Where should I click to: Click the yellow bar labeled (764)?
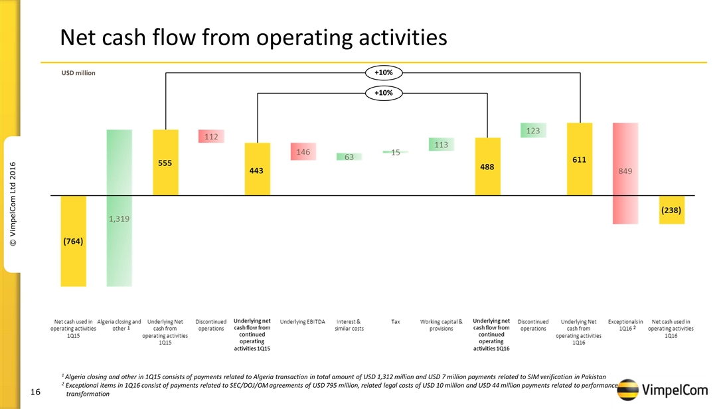pyautogui.click(x=73, y=241)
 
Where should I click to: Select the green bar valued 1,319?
pyautogui.click(x=120, y=207)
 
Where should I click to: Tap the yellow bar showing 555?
pyautogui.click(x=165, y=163)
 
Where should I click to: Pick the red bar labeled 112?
pyautogui.click(x=211, y=136)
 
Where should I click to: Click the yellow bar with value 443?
pyautogui.click(x=257, y=169)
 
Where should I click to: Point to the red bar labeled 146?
pyautogui.click(x=303, y=152)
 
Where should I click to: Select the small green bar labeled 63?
pyautogui.click(x=348, y=157)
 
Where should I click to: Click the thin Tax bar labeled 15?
pyautogui.click(x=395, y=152)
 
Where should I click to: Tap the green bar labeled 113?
pyautogui.click(x=441, y=144)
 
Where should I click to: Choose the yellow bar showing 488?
pyautogui.click(x=487, y=167)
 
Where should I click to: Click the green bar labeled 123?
pyautogui.click(x=533, y=131)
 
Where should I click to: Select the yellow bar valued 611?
pyautogui.click(x=579, y=159)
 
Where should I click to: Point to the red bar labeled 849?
pyautogui.click(x=625, y=173)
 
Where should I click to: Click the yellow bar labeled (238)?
pyautogui.click(x=671, y=209)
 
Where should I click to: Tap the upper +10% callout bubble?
pyautogui.click(x=383, y=72)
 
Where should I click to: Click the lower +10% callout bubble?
pyautogui.click(x=383, y=94)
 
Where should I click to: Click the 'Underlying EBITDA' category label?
pyautogui.click(x=303, y=321)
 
